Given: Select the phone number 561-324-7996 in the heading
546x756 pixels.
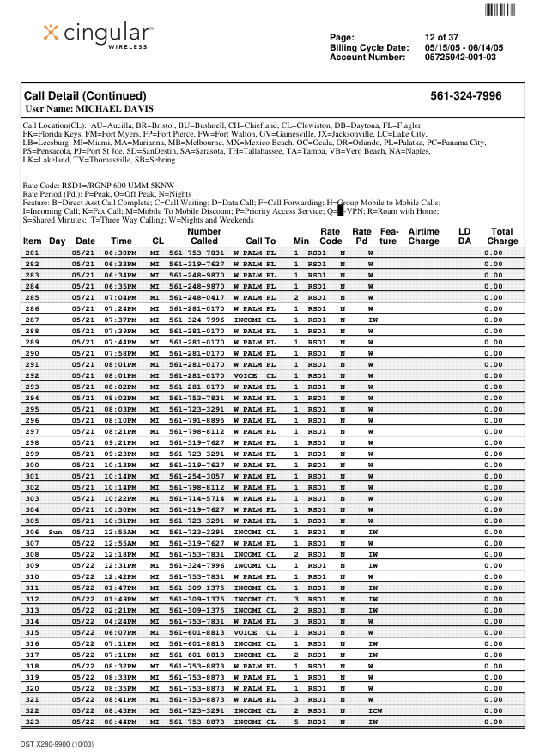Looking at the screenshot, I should [x=465, y=96].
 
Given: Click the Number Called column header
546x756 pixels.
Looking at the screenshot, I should [x=204, y=236].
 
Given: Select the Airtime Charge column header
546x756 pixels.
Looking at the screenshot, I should [x=423, y=236].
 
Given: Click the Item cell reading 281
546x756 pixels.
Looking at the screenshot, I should [x=33, y=253].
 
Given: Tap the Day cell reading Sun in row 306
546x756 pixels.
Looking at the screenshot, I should [x=56, y=532].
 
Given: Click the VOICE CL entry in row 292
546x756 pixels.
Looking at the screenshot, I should [x=254, y=375].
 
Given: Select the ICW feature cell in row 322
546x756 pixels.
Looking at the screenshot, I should [x=375, y=710].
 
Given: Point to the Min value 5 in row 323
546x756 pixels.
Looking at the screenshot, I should [x=296, y=722].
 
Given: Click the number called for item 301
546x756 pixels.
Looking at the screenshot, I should [x=196, y=476].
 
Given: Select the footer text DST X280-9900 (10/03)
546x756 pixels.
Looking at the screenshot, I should [x=58, y=742].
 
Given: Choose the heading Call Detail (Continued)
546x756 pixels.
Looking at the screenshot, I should [x=84, y=96].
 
